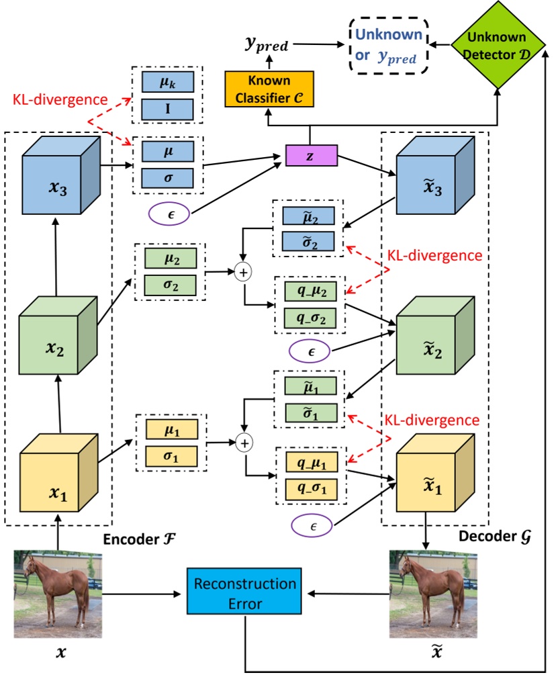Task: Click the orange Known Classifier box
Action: pos(267,89)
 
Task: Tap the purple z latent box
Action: pos(310,155)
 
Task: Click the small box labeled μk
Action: pos(168,83)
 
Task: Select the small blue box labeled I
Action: pos(168,109)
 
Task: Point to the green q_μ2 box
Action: pos(311,291)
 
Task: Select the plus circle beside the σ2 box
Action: pos(245,272)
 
